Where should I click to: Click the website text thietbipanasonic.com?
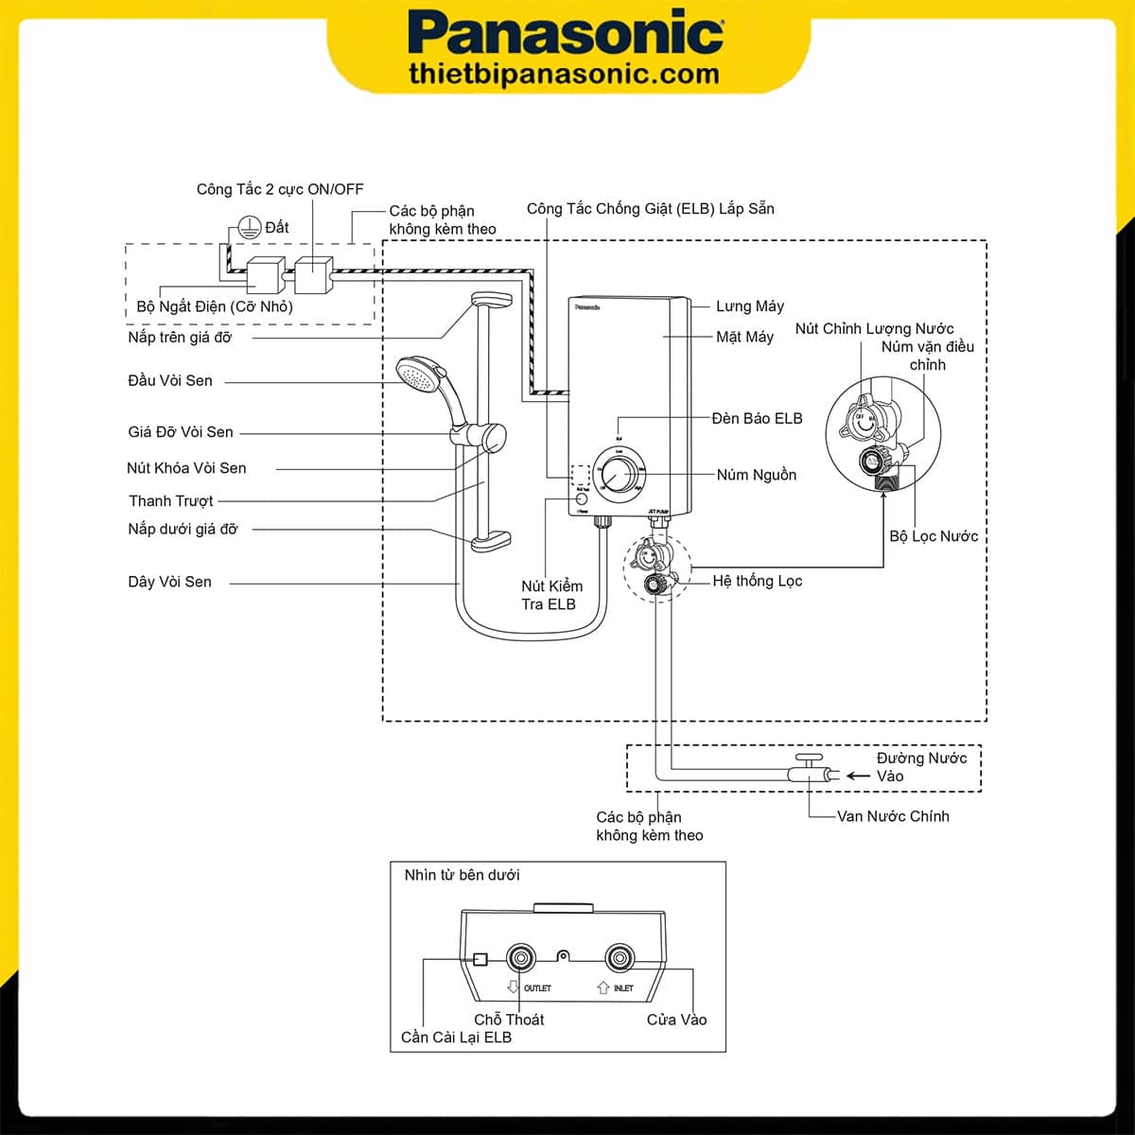[565, 75]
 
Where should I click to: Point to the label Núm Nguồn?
[756, 475]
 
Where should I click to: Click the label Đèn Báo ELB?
[757, 418]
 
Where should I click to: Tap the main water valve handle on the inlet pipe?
[809, 759]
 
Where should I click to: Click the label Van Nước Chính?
[892, 816]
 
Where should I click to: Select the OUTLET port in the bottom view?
[521, 958]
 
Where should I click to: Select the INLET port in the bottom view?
[620, 958]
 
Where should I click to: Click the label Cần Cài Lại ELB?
[456, 1038]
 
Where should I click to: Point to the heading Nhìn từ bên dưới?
[462, 875]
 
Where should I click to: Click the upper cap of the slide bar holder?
[491, 300]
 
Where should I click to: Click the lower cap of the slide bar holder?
[490, 541]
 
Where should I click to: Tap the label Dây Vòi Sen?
[169, 582]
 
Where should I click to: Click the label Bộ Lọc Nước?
[933, 536]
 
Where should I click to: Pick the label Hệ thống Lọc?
[757, 581]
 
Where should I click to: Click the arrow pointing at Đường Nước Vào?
[857, 776]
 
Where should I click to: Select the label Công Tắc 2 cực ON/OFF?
[279, 189]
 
